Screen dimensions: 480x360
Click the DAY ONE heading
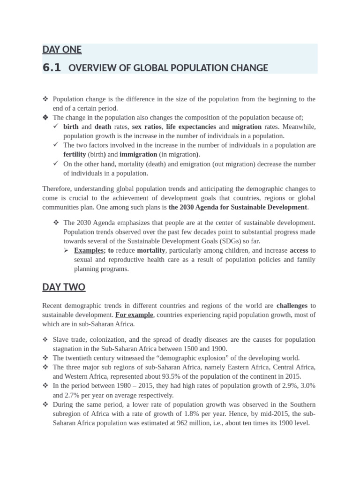(x=62, y=50)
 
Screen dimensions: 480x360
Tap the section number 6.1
(x=52, y=67)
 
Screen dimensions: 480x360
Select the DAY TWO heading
(x=64, y=287)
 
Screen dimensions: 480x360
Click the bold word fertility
(x=75, y=154)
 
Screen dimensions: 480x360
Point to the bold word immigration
(x=138, y=154)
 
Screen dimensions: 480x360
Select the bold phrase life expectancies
(x=191, y=127)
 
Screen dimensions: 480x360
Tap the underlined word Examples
(x=89, y=250)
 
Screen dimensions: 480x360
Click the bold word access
(x=299, y=250)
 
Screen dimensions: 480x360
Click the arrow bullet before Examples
(x=67, y=250)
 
